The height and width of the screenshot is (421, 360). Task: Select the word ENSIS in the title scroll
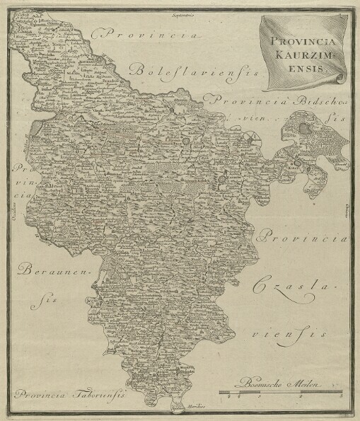click(x=306, y=68)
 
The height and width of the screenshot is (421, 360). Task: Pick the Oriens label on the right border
click(x=349, y=210)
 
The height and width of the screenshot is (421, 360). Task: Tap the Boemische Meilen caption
click(x=287, y=383)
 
